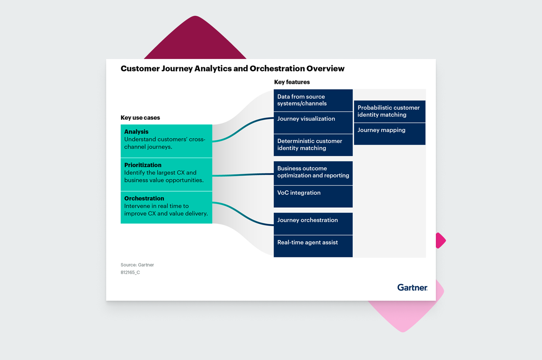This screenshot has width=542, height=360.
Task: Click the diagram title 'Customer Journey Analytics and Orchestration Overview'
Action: pyautogui.click(x=232, y=68)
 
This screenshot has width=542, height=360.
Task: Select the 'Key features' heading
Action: pyautogui.click(x=292, y=82)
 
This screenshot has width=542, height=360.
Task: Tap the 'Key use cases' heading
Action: pyautogui.click(x=140, y=118)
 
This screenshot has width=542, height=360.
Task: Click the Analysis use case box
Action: pyautogui.click(x=166, y=141)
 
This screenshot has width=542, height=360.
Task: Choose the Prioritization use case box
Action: pyautogui.click(x=166, y=174)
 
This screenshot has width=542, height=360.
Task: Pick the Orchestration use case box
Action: pyautogui.click(x=166, y=207)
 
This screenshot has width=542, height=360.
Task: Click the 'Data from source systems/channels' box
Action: pyautogui.click(x=313, y=100)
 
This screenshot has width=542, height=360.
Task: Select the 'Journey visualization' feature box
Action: pyautogui.click(x=313, y=122)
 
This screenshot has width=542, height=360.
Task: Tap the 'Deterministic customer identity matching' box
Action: pyautogui.click(x=313, y=145)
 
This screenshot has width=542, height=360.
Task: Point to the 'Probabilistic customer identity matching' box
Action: pyautogui.click(x=390, y=111)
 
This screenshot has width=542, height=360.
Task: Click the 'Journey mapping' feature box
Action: pyautogui.click(x=390, y=134)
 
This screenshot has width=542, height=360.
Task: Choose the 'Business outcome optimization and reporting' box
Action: pyautogui.click(x=313, y=173)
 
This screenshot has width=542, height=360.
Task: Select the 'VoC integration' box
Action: pyautogui.click(x=313, y=196)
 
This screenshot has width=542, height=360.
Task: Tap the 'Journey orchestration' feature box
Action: pyautogui.click(x=313, y=224)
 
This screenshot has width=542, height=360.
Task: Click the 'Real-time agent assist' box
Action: pyautogui.click(x=313, y=246)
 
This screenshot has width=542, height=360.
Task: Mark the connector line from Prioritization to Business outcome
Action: pyautogui.click(x=243, y=175)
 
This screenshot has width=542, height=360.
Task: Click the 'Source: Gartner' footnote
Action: pyautogui.click(x=137, y=265)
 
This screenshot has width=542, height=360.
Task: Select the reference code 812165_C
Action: pyautogui.click(x=130, y=272)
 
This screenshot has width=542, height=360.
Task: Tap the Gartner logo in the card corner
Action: pyautogui.click(x=412, y=288)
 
